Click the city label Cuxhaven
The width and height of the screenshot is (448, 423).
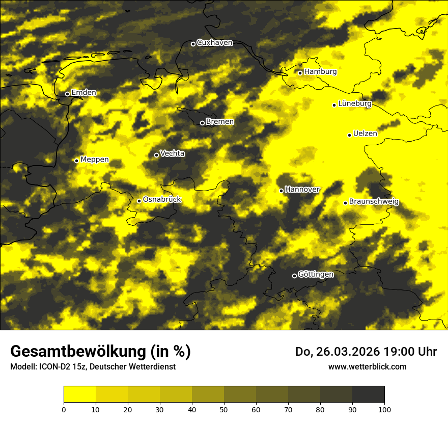214,43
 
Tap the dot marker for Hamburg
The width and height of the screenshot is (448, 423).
300,73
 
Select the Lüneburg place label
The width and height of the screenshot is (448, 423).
355,104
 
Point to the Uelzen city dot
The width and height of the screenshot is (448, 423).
350,135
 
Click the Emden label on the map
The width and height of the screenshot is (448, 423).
83,93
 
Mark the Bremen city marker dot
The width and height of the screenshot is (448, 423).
202,123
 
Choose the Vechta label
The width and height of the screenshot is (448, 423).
173,153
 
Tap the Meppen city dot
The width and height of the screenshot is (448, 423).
76,161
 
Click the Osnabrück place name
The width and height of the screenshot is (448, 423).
162,200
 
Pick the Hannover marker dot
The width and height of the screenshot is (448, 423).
281,191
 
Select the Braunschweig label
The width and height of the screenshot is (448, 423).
374,202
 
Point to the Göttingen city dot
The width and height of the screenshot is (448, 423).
294,276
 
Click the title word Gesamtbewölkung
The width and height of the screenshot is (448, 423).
77,352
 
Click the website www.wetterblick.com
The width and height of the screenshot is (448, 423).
367,366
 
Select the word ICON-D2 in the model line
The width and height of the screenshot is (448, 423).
52,366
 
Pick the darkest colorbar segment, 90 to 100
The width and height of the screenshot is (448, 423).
368,394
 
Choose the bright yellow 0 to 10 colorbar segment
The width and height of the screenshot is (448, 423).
79,394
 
